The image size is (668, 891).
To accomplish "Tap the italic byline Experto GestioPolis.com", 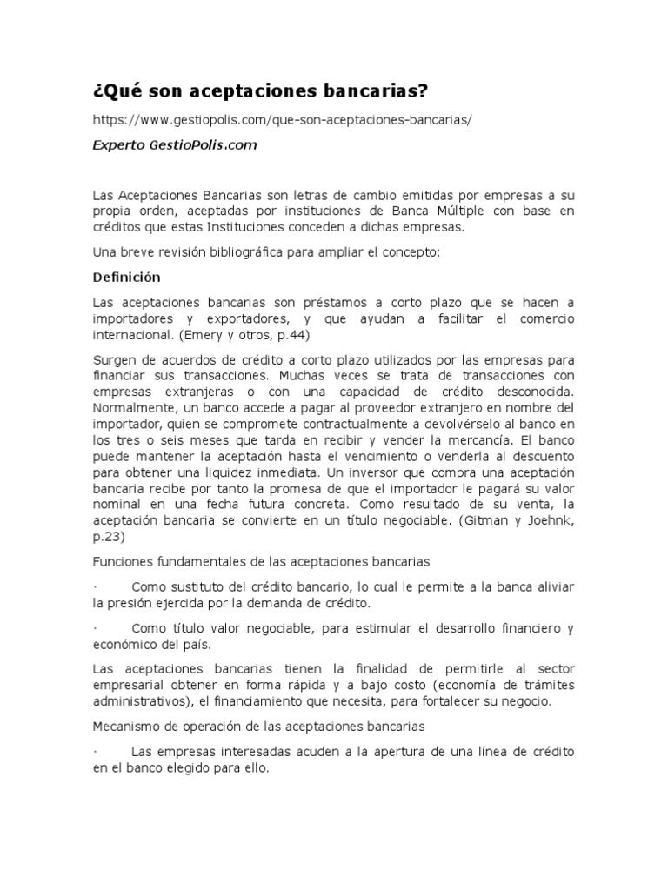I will tap(175, 145).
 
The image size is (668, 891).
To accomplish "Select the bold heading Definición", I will tap(127, 278).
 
